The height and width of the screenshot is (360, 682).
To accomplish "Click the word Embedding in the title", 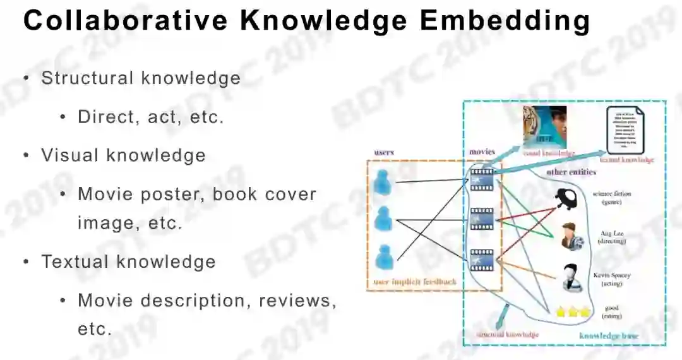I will [505, 21].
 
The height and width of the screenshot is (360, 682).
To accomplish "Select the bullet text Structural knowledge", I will [141, 78].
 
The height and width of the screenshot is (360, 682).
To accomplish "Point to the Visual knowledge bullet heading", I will [123, 155].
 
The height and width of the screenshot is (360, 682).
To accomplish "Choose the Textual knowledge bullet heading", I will [128, 261].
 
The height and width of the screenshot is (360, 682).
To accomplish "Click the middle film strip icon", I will [482, 219].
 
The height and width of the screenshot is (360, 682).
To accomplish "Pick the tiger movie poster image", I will [545, 126].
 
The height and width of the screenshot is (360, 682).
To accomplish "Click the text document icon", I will [624, 130].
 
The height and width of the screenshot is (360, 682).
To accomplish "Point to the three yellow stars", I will [572, 311].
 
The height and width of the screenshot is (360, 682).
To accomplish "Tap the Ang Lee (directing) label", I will [611, 237].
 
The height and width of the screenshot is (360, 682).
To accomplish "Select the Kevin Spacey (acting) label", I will [611, 280].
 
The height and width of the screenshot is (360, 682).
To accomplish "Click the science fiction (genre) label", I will [611, 198].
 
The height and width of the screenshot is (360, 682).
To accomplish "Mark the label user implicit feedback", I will [414, 282].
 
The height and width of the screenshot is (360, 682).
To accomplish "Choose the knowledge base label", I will [608, 335].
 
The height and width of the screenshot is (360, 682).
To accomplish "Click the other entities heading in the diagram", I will [571, 172].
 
